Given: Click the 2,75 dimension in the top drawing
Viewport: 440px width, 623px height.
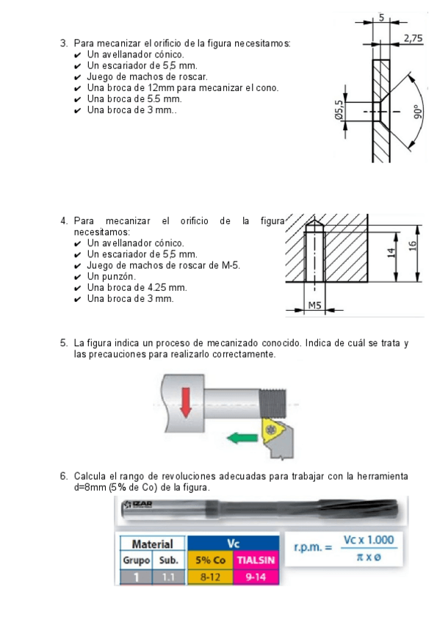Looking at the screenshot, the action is [x=413, y=38].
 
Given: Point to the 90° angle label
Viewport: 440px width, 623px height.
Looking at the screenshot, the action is [x=417, y=112].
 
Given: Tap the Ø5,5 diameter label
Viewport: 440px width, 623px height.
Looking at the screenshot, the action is [x=339, y=110].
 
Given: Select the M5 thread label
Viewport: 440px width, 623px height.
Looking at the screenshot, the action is [x=314, y=305].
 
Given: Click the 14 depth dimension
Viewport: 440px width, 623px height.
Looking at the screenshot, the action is [x=392, y=253].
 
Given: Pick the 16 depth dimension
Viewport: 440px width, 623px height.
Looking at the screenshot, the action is [x=413, y=246].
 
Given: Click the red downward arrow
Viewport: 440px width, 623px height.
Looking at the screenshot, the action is [x=185, y=403].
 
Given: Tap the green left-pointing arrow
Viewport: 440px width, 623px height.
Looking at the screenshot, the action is [x=242, y=438].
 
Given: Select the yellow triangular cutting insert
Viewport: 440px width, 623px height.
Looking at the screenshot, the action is [x=273, y=431].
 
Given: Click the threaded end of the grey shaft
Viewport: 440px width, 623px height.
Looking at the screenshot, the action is [x=273, y=403].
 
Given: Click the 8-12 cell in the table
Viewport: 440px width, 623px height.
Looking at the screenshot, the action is [x=210, y=577].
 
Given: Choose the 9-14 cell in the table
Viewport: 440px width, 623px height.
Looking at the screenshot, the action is [x=256, y=577].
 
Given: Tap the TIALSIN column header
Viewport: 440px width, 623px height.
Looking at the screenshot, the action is [x=256, y=561].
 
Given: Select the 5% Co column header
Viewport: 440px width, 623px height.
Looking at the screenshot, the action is [x=210, y=561].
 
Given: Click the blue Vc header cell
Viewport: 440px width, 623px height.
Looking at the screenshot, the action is [x=233, y=543].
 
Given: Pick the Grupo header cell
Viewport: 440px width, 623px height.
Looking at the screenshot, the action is [x=136, y=561].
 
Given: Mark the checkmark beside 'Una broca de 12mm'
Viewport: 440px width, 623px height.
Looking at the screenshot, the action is [x=77, y=88].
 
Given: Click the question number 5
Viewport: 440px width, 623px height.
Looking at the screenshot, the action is [x=64, y=343].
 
